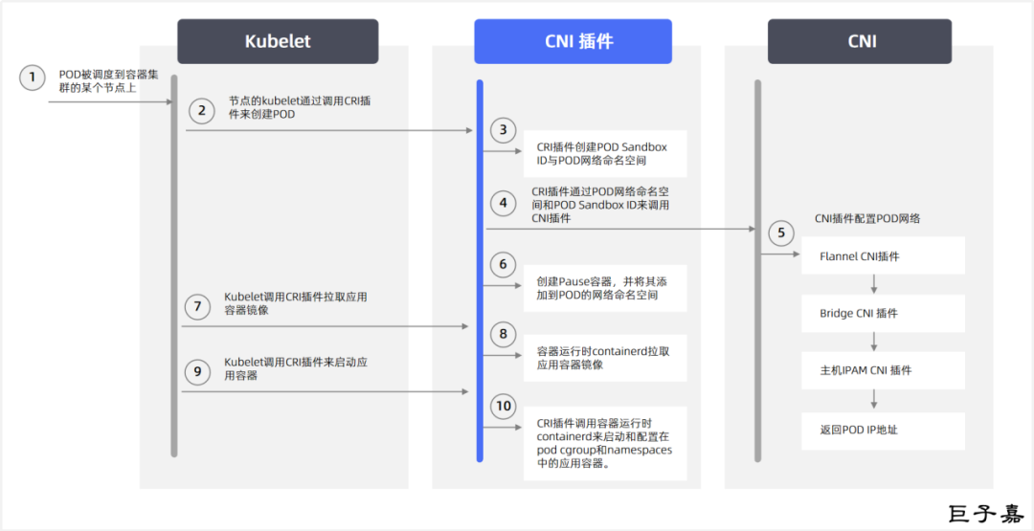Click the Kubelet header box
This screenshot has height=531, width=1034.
point(278,41)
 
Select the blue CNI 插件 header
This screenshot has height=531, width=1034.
point(573,41)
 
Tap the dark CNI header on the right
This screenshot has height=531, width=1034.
point(859,41)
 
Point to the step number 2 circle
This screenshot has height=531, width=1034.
point(201,111)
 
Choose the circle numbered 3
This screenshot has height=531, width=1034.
point(503,130)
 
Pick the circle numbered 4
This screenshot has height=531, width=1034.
point(503,203)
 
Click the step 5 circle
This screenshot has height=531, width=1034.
point(780,232)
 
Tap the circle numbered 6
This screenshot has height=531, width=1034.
point(503,264)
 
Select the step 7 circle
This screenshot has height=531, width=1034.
point(197,307)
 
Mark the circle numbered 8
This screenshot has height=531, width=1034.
point(503,334)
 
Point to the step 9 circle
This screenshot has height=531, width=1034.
point(197,372)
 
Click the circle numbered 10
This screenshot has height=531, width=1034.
point(504,406)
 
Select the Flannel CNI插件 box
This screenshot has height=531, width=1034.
point(883,256)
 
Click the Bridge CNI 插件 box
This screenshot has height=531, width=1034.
point(883,313)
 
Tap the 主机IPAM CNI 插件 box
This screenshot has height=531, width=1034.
point(883,370)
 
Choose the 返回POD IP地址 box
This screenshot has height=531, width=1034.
point(883,430)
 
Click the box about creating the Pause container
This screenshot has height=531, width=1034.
point(604,288)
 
